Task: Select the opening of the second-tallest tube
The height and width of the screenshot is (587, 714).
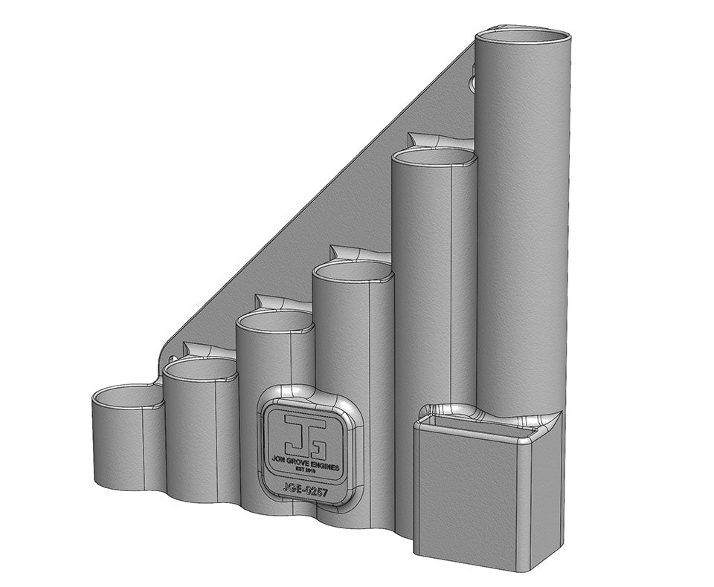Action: coord(433,158)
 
